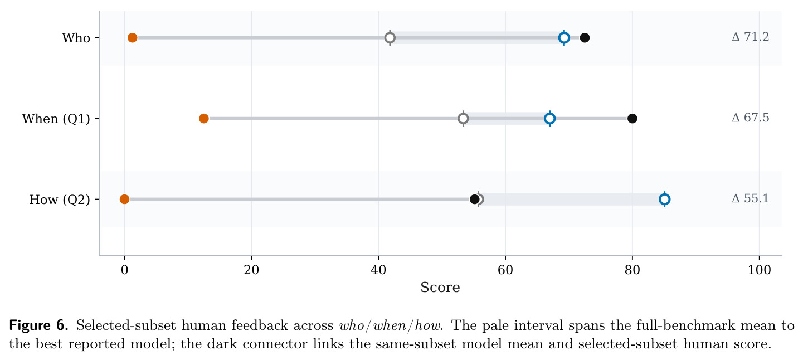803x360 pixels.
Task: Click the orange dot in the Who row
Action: tap(132, 38)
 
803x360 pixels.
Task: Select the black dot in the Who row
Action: tap(585, 38)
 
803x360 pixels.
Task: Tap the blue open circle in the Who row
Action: tap(564, 38)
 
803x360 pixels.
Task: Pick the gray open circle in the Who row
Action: tap(390, 38)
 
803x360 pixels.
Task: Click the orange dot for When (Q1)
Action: tap(203, 118)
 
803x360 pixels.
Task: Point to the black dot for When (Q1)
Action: tap(632, 118)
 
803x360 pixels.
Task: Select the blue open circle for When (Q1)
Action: tap(550, 118)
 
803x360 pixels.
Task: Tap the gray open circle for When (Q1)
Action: tap(463, 118)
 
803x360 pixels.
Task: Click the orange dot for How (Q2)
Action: tap(124, 200)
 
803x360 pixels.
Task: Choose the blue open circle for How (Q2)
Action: tap(665, 200)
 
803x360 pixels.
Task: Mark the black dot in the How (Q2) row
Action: tap(474, 200)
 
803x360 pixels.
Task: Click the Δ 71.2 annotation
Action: tap(750, 37)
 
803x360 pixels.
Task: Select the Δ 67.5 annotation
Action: tap(750, 118)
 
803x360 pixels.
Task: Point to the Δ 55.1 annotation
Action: tap(750, 198)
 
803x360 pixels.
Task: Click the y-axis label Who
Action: tap(76, 38)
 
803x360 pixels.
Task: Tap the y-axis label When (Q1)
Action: tap(56, 119)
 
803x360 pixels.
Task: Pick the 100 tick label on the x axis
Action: tap(760, 270)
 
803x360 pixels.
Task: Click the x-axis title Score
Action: tap(440, 287)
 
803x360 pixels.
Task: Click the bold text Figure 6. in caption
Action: tap(38, 325)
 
